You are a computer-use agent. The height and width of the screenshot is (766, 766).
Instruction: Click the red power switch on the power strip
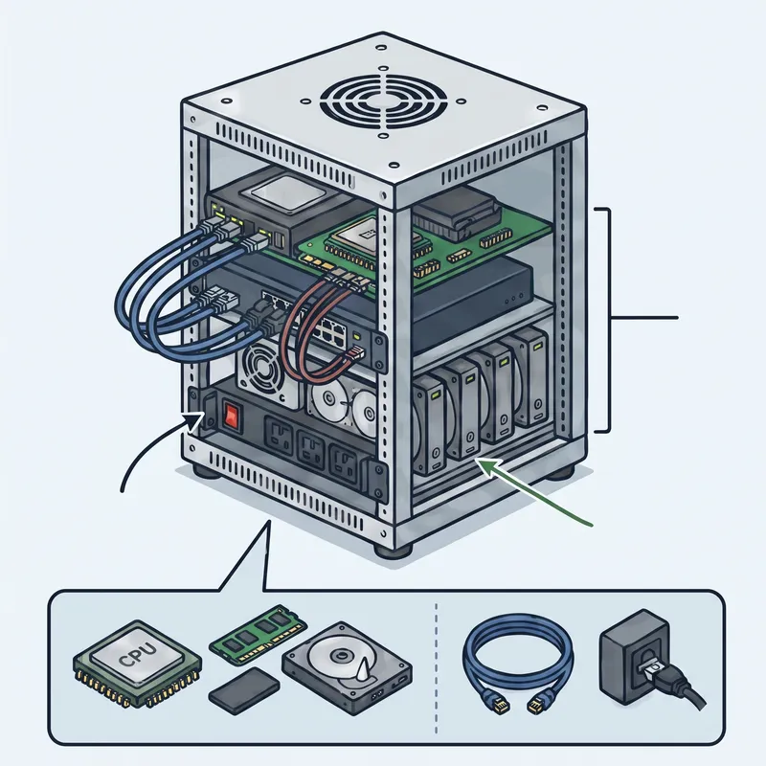(232, 416)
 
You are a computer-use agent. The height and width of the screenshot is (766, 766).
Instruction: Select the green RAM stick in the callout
(258, 633)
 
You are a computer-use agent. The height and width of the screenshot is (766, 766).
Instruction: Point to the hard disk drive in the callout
(347, 668)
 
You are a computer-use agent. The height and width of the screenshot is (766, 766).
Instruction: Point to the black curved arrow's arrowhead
(196, 420)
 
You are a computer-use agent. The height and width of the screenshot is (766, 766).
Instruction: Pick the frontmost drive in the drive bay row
(430, 426)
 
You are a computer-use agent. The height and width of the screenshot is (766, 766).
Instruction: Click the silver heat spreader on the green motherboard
(353, 234)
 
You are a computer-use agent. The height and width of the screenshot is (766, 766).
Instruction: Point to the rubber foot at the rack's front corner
(393, 549)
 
